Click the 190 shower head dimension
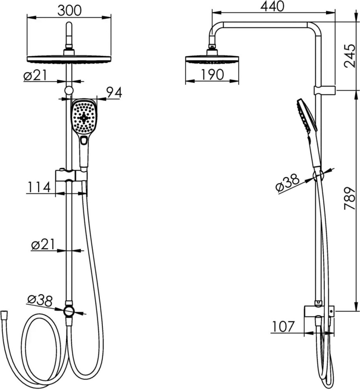click(x=212, y=74)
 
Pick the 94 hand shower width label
click(x=114, y=92)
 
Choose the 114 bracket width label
click(x=38, y=187)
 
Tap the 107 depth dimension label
click(x=283, y=326)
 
